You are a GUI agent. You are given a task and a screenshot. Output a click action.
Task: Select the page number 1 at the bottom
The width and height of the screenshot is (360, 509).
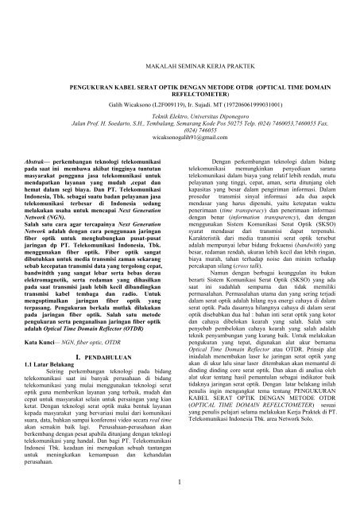(x=180, y=479)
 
